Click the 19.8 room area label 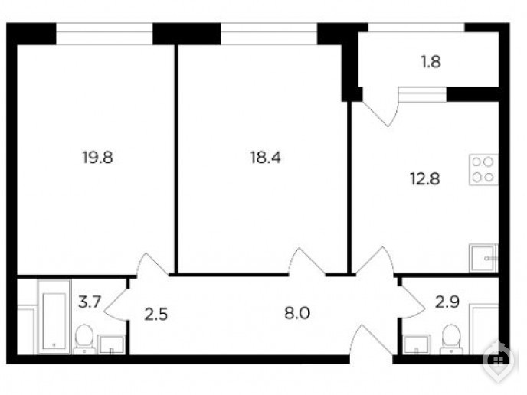97,157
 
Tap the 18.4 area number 266,157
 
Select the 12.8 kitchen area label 425,178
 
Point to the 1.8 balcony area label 431,62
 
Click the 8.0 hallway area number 297,313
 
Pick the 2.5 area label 156,315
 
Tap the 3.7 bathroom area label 90,302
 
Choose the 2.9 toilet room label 447,302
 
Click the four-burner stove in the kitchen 483,170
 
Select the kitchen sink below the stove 483,258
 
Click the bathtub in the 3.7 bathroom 54,316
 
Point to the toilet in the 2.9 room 451,339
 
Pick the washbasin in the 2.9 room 417,344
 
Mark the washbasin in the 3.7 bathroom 111,344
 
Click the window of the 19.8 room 104,34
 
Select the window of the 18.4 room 269,34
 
